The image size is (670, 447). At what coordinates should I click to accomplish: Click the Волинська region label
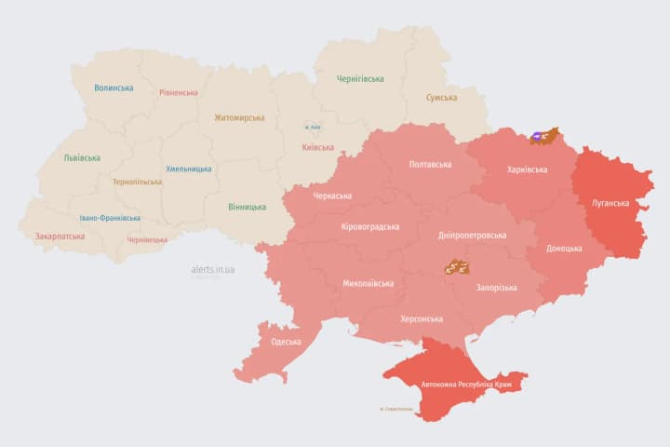pos(114,88)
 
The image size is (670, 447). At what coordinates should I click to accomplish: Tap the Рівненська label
pos(179,93)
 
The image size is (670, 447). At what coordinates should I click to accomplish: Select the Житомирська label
pos(239,118)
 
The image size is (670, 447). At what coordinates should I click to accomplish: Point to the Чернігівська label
pos(360,79)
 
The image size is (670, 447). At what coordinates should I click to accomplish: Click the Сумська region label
pos(441,98)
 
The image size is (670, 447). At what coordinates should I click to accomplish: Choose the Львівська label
pos(82,158)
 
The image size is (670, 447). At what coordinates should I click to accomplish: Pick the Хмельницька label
pos(189,169)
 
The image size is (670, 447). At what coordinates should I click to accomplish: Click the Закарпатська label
pos(60,237)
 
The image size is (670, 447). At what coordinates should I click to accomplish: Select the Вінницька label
pos(247,207)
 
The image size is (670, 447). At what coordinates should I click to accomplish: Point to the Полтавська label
pos(430,165)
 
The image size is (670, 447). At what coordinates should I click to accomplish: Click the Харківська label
pos(528,170)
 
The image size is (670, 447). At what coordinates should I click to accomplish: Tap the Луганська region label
pos(610,203)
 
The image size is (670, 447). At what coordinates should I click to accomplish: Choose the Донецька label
pos(564,249)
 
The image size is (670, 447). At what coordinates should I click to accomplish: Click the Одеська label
pos(286,342)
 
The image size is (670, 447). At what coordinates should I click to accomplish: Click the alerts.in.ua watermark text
pos(213,269)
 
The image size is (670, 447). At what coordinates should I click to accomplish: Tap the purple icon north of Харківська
pos(541,138)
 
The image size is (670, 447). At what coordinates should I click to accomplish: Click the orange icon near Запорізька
pos(455,267)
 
